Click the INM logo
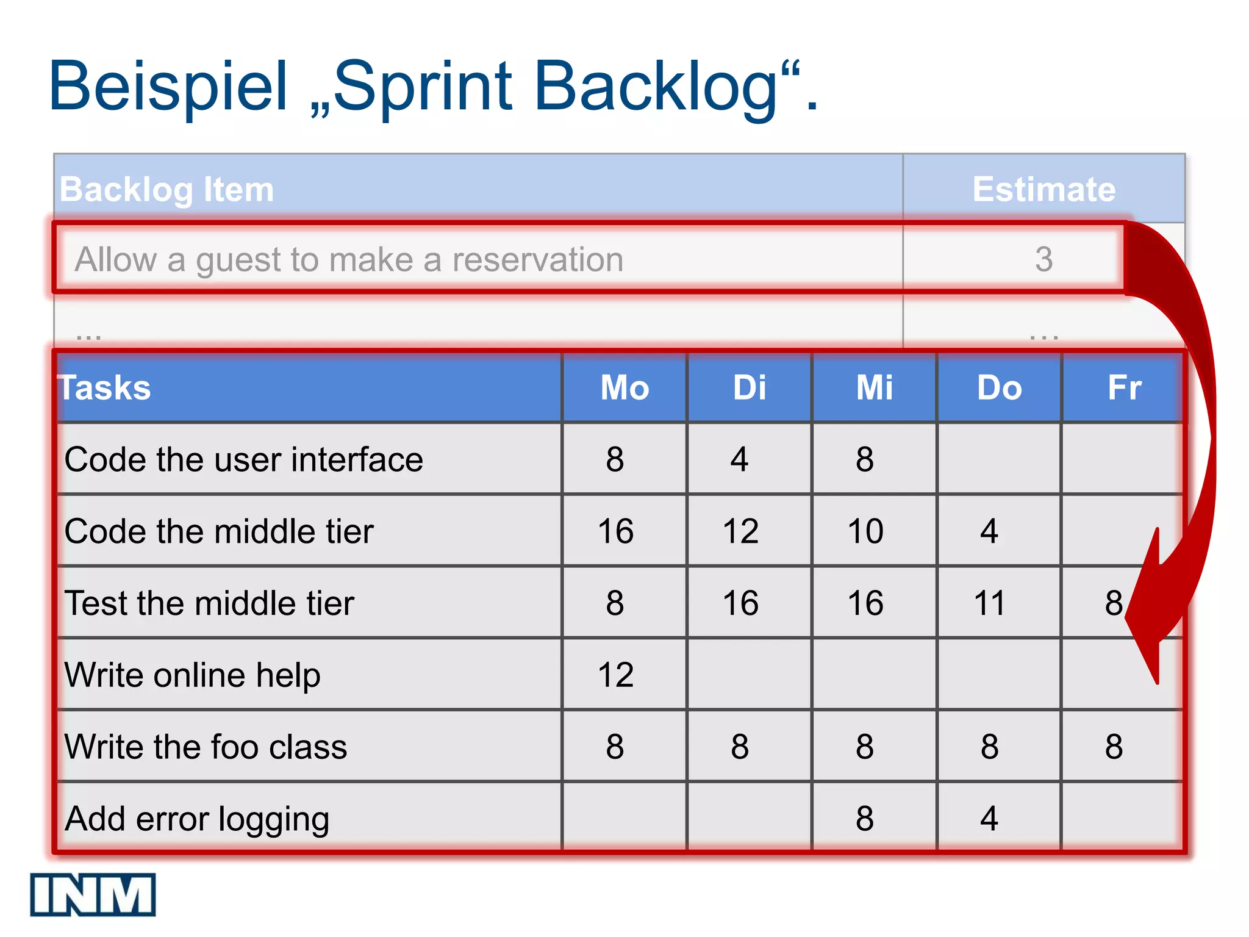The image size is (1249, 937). click(x=93, y=894)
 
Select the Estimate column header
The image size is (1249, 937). click(x=1043, y=189)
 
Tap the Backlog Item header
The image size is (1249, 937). click(x=166, y=189)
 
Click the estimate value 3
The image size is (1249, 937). click(x=1043, y=259)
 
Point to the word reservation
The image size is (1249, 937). click(x=537, y=260)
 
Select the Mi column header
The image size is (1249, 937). click(x=874, y=387)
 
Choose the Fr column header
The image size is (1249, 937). click(x=1124, y=387)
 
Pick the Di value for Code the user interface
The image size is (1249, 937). click(x=739, y=459)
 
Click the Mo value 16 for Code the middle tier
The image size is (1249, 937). click(x=615, y=531)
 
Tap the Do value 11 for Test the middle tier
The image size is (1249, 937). click(x=989, y=603)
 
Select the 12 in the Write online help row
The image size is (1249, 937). click(x=615, y=675)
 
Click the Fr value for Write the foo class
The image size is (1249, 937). click(x=1114, y=747)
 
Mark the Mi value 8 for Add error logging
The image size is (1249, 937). click(x=864, y=819)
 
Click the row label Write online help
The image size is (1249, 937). click(x=192, y=675)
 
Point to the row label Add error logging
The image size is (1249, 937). click(x=196, y=819)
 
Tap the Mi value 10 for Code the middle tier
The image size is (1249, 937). click(x=865, y=531)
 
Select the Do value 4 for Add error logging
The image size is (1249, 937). click(x=989, y=819)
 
